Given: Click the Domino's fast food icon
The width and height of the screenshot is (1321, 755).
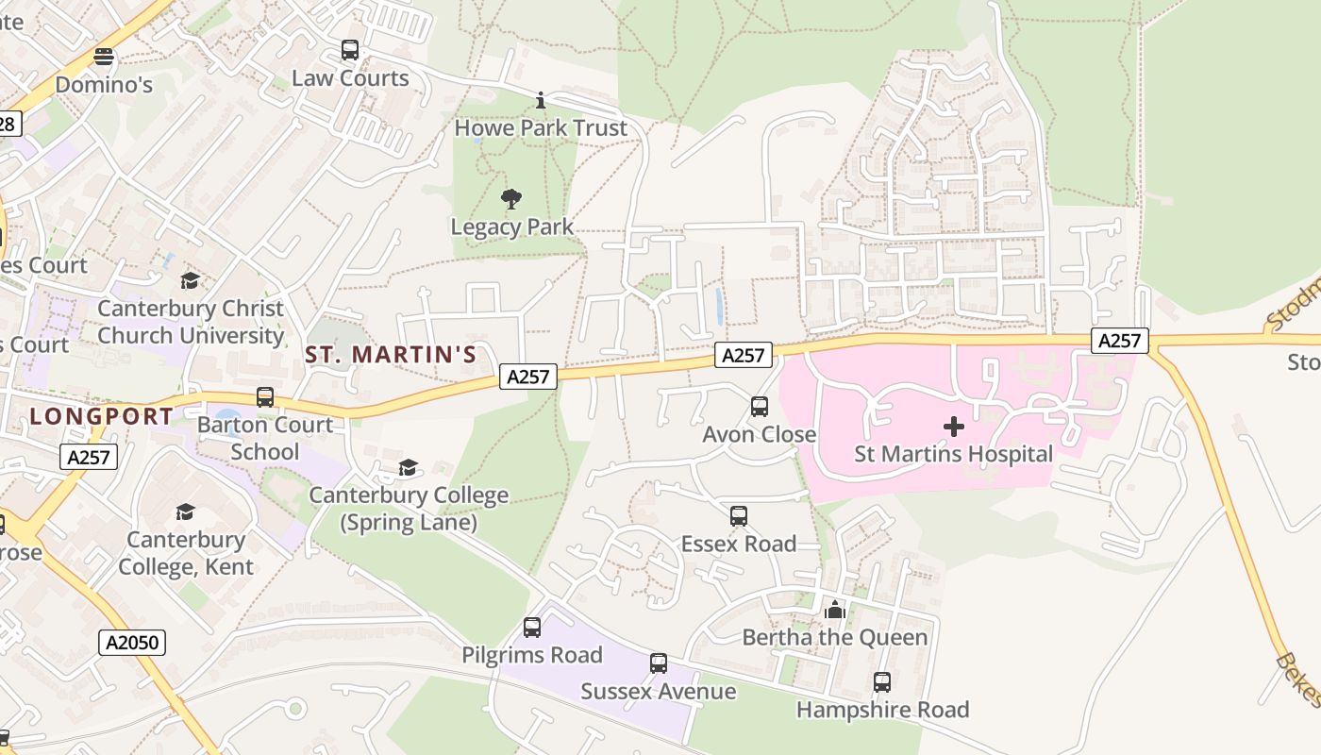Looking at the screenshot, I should tap(104, 57).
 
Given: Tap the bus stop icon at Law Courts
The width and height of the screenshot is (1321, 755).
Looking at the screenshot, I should tap(350, 50).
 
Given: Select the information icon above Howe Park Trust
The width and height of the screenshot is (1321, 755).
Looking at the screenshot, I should tap(541, 100).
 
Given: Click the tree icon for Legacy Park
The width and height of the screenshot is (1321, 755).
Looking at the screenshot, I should tap(511, 199).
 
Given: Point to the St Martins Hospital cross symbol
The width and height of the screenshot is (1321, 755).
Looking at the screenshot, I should tap(954, 427).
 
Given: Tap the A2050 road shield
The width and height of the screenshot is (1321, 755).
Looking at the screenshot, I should tap(132, 644).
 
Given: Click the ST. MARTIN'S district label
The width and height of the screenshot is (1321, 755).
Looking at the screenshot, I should tap(391, 355).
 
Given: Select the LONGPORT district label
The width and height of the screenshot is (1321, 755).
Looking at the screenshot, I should tap(102, 416).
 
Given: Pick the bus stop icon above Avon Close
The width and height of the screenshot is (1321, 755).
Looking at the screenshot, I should tap(760, 407).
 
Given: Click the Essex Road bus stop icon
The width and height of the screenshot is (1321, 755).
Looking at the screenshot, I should tap(739, 516).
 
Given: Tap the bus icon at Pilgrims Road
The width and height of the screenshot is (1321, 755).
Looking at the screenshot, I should tap(532, 628).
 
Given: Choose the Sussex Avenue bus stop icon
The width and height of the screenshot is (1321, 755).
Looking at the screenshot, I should tap(659, 663).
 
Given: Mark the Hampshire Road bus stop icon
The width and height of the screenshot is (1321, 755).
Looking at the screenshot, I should tap(882, 681).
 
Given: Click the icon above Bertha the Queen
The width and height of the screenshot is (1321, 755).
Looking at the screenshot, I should tap(834, 611).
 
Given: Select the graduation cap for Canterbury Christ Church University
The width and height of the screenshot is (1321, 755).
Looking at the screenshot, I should tap(190, 281).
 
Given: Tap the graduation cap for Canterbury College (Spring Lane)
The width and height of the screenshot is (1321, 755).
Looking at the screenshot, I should tap(409, 467).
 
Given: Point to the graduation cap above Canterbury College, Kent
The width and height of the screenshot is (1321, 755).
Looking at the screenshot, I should tap(185, 512).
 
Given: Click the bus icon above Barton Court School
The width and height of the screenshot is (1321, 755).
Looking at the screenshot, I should tap(265, 397).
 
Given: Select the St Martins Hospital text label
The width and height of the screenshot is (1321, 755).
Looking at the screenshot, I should tap(953, 454).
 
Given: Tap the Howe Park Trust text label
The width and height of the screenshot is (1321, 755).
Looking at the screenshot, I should tap(541, 127).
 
